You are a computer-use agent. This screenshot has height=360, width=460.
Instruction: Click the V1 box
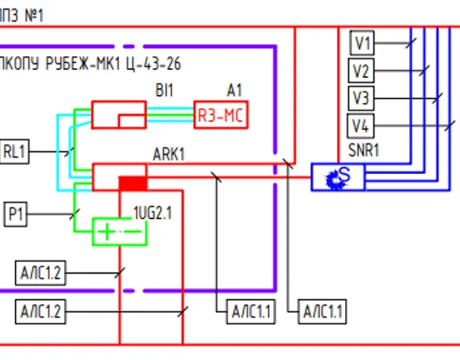point(362,43)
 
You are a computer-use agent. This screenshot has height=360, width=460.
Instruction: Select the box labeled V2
point(361,70)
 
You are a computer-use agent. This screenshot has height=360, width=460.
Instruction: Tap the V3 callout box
point(361,98)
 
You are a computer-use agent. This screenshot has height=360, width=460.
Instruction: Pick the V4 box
point(361,126)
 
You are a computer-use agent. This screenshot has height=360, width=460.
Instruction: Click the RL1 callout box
point(15,151)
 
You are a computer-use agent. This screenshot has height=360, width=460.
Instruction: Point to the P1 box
point(16,214)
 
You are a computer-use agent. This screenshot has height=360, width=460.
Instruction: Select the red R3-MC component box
point(220,115)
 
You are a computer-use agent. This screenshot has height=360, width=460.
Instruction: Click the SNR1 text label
point(363,151)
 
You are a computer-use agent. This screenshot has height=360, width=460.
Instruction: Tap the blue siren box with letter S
point(338,177)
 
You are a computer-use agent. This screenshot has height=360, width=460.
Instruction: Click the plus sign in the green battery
point(106,232)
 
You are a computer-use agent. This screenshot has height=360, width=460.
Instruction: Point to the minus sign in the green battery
point(133,232)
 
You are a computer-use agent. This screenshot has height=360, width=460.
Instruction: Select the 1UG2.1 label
point(152,213)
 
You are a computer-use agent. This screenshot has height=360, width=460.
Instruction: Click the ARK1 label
point(169,154)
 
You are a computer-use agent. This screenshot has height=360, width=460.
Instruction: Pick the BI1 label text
point(164,90)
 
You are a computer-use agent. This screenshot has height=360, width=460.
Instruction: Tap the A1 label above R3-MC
point(234,90)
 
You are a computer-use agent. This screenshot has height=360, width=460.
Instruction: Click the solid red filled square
point(132,183)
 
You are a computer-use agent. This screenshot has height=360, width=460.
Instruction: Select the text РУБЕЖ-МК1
point(83,64)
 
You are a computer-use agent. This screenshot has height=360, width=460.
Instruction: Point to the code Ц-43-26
point(154,64)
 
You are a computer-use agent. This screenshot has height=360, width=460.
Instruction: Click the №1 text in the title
point(34,16)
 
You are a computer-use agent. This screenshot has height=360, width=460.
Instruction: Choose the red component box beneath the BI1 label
point(119,115)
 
